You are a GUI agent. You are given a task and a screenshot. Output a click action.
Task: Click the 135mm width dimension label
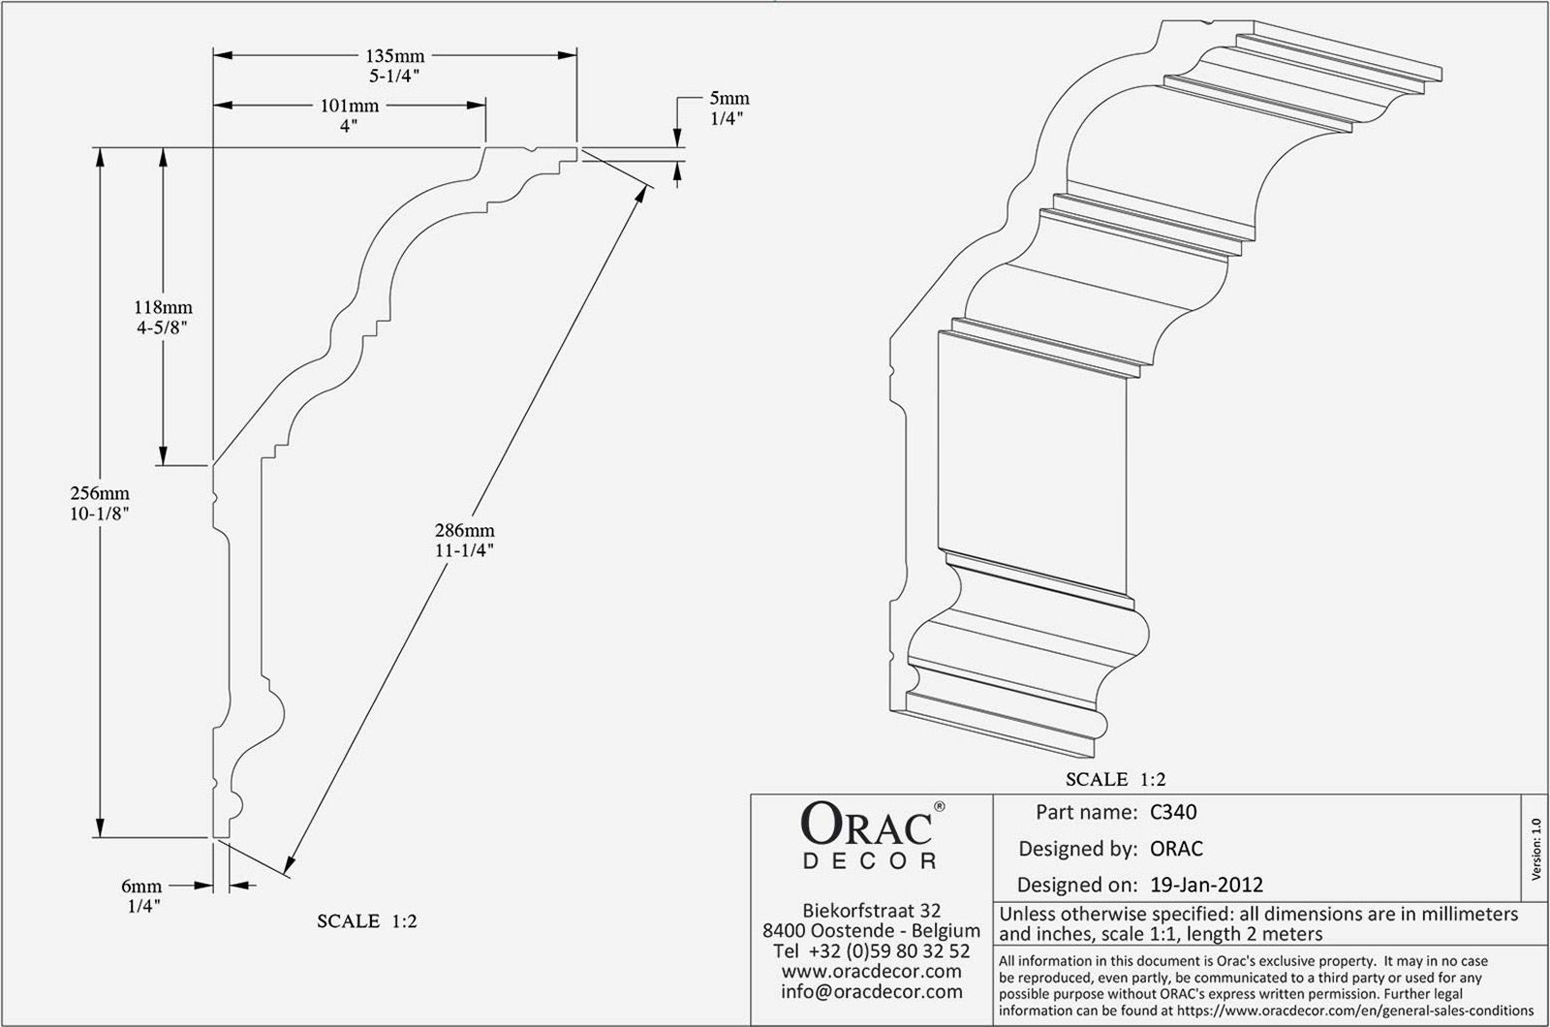coord(395,56)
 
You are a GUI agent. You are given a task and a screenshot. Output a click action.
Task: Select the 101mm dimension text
coord(350,106)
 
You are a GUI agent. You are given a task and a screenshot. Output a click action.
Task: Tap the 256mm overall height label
coord(100,493)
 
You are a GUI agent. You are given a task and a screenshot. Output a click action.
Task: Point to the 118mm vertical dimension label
coord(163,308)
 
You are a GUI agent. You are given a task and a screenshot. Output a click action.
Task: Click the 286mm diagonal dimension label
coord(465,531)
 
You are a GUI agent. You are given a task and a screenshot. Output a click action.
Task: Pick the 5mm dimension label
coord(729,99)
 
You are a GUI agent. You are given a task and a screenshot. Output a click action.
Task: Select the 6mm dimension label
coord(141,886)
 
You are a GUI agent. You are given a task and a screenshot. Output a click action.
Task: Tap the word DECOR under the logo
coord(871,861)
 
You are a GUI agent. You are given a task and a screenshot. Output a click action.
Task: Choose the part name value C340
coord(1173,812)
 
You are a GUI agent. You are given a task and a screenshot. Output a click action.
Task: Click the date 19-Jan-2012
coord(1207,885)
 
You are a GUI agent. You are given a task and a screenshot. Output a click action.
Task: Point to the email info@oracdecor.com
coord(871,991)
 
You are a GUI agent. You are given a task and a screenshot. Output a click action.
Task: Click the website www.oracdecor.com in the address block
coord(871,971)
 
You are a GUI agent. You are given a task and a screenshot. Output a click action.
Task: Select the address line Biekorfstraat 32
coord(871,911)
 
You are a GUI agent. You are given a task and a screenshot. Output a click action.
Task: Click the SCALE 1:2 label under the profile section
coord(367,920)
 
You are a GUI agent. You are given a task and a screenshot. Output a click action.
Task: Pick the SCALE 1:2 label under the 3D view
coord(1115,779)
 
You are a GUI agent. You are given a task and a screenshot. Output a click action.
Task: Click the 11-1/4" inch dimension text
coord(465,550)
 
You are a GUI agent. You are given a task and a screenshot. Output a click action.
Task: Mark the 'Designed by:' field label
coord(1077,849)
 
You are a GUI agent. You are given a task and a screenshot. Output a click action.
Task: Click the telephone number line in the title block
coord(871,950)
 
